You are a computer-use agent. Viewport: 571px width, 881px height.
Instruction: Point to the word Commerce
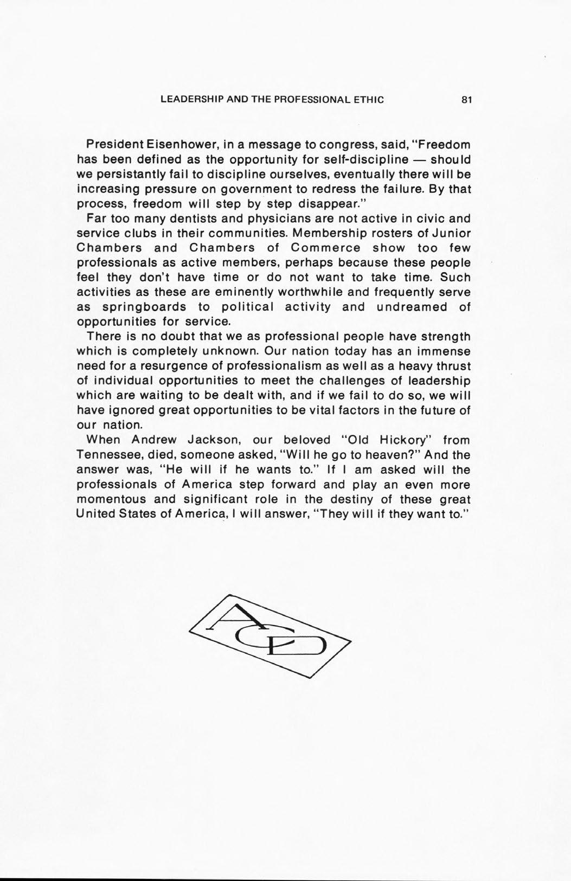325,248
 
